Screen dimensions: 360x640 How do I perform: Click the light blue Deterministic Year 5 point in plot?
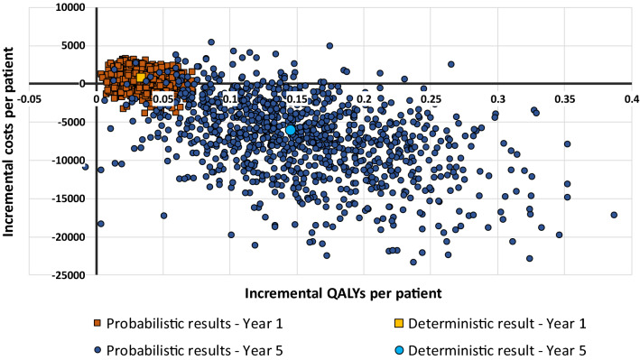click(291, 130)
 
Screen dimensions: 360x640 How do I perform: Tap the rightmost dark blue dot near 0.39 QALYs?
click(614, 215)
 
